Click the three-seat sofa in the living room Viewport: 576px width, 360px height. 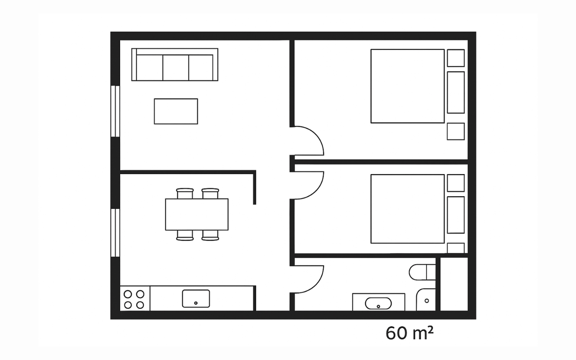point(175,64)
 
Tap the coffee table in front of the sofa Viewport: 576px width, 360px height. point(176,111)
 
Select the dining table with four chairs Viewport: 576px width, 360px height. point(197,215)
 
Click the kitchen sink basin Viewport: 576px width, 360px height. point(196,298)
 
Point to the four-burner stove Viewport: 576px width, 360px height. point(135,298)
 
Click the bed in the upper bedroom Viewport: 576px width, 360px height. point(408,86)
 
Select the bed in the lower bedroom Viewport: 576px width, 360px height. point(408,209)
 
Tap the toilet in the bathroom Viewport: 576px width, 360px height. point(422,272)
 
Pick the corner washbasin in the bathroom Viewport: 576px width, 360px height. point(426,300)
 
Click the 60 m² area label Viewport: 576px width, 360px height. point(409,333)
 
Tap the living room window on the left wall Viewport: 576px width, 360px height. point(115,111)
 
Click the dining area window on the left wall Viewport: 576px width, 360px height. point(115,233)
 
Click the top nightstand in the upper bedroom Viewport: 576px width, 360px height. point(456,58)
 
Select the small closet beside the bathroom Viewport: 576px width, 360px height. point(454,284)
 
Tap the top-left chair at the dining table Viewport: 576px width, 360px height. point(185,193)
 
